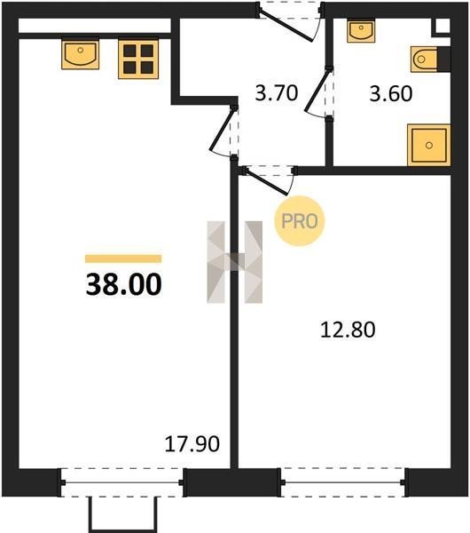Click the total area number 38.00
tap(124, 284)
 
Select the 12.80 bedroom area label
tap(348, 330)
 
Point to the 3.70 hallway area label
tap(277, 92)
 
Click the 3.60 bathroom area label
tap(391, 93)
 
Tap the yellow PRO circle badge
tap(300, 221)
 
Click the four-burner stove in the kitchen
tap(138, 60)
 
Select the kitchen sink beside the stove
tap(80, 54)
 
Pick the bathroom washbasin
tap(361, 30)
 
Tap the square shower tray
tap(429, 145)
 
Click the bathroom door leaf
tap(317, 90)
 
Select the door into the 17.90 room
tap(222, 129)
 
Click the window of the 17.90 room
tap(121, 482)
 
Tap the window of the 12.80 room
tap(342, 482)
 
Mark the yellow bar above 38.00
tap(123, 259)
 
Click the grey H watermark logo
tap(234, 262)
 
